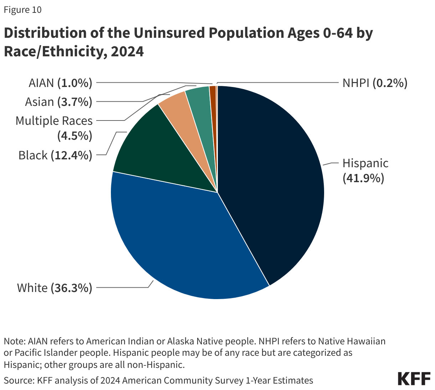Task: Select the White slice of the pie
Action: [178, 242]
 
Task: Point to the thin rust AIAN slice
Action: [213, 107]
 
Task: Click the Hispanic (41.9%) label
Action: [365, 170]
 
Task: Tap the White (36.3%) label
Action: [55, 288]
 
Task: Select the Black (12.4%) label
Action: [55, 155]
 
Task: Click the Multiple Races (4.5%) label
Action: [54, 128]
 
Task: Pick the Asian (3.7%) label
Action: [58, 102]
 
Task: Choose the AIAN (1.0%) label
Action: [60, 83]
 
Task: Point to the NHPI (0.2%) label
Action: [374, 83]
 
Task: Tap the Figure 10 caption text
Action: [22, 10]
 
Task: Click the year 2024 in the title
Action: [127, 51]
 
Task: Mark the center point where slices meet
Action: [217, 193]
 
